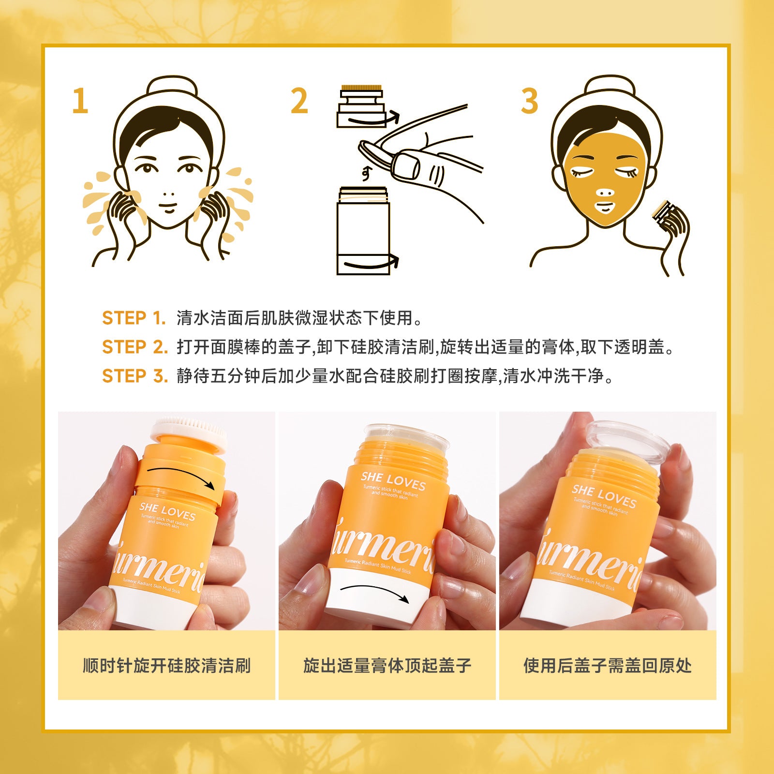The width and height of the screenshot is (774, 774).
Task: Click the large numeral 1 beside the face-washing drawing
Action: click(80, 101)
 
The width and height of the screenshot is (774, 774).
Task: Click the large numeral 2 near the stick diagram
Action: click(299, 101)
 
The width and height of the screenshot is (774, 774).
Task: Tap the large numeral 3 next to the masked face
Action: click(529, 101)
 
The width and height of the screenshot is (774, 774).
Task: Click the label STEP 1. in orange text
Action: click(134, 318)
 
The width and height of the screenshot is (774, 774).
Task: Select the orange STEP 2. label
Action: click(134, 347)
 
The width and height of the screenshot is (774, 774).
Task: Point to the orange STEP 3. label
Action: click(134, 376)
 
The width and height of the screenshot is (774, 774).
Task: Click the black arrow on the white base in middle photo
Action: click(375, 592)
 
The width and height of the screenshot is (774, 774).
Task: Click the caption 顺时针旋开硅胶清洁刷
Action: click(166, 666)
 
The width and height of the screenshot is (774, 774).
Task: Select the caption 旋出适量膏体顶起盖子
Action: click(387, 666)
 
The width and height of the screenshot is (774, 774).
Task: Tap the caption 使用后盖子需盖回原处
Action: click(608, 666)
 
